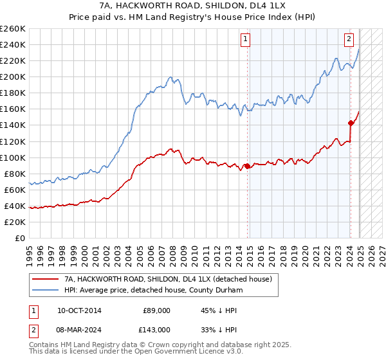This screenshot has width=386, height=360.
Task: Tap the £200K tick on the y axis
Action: coord(14,76)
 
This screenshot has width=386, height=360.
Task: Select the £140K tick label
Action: coord(14,125)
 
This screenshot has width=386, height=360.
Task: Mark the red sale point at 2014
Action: coord(247,166)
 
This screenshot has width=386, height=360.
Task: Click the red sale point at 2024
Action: coord(351,122)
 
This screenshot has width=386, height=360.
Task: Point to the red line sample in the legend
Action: coord(45,279)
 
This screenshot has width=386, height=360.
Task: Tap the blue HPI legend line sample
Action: coord(45,289)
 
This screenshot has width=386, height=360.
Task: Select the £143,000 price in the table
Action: coord(156,329)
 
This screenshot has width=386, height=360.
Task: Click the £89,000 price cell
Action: coord(156,310)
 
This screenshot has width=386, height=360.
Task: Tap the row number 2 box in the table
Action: coord(33,329)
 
